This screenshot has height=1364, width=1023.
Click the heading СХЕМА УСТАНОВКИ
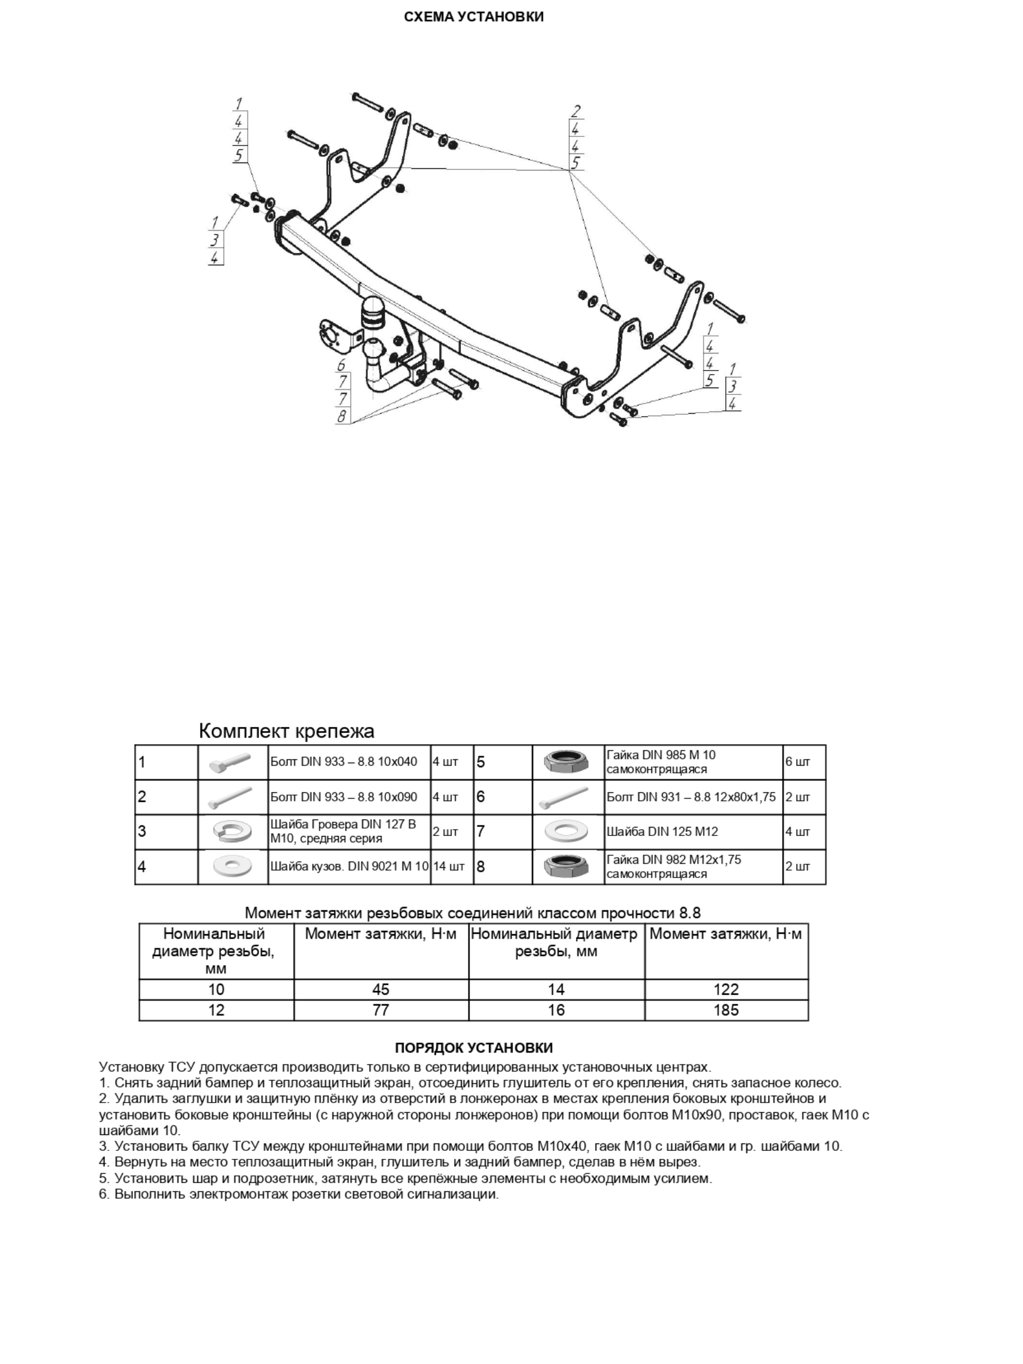473,17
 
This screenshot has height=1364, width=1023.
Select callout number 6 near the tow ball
342,365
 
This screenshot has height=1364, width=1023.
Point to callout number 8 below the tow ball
342,417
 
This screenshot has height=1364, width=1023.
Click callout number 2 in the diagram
575,111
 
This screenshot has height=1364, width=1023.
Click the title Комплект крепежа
286,731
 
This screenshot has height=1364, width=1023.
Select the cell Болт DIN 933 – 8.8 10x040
344,762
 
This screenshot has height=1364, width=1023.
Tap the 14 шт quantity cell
448,866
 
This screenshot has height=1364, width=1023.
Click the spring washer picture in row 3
232,831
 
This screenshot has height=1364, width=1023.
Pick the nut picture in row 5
567,762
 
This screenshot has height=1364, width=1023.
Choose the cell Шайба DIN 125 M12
662,831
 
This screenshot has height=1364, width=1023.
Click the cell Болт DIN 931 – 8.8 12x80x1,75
691,797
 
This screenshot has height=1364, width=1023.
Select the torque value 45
380,989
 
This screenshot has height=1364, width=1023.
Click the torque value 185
726,1010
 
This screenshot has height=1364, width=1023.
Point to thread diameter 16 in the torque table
556,1010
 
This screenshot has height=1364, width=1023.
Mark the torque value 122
726,989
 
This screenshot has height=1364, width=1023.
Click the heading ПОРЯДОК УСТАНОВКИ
473,1047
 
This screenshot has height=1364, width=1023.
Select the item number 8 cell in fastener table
481,866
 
